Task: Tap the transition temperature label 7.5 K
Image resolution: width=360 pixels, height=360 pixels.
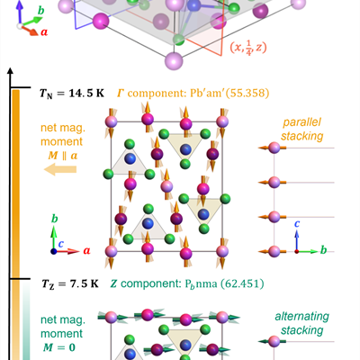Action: [x=85, y=283]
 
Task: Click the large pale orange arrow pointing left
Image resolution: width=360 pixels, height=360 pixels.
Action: [x=60, y=169]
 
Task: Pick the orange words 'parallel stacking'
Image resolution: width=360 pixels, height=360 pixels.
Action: [x=302, y=129]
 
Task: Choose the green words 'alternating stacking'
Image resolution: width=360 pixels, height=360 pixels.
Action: [x=302, y=323]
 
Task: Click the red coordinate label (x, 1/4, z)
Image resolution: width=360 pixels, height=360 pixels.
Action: [x=248, y=48]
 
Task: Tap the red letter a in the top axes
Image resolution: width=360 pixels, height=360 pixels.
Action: [x=44, y=31]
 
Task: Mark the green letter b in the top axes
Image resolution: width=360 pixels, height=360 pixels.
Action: [x=40, y=11]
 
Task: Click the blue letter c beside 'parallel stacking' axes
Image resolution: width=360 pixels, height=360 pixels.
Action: [x=297, y=223]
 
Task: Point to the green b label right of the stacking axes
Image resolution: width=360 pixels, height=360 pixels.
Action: [x=323, y=249]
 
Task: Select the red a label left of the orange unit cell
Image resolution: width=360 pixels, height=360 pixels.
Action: [x=86, y=250]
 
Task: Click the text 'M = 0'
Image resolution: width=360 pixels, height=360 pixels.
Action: [x=59, y=347]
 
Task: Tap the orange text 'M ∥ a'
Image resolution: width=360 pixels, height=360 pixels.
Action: [x=63, y=156]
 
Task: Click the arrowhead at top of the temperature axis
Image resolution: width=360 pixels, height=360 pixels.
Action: [x=11, y=71]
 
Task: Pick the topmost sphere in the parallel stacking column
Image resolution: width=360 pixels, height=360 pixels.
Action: [x=274, y=148]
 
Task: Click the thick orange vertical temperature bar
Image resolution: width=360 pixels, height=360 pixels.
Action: [x=16, y=184]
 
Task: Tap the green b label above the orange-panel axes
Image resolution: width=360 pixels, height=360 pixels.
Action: [x=55, y=219]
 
